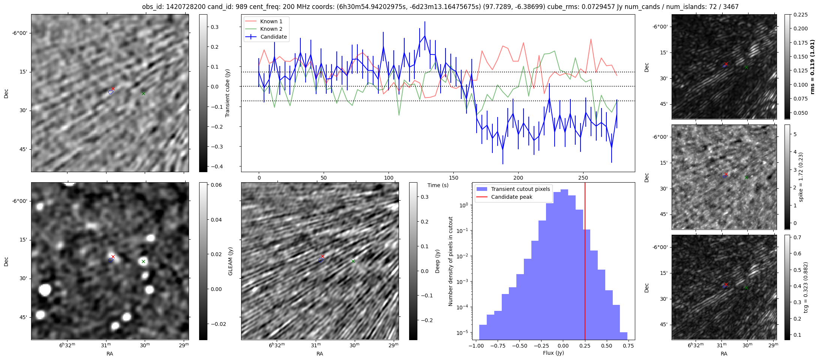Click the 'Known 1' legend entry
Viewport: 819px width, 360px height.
click(271, 21)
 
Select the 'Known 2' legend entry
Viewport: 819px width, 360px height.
click(271, 29)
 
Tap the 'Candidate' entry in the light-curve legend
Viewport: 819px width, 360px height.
click(273, 37)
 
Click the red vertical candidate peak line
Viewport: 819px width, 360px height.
click(585, 262)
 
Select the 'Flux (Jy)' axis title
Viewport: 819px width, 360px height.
click(553, 353)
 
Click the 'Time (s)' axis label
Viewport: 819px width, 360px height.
click(438, 185)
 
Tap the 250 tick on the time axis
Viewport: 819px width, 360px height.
click(583, 178)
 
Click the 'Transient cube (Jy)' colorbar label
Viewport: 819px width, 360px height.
click(228, 93)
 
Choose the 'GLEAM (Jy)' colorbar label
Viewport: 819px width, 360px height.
click(231, 261)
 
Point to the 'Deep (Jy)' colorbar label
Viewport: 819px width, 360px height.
click(437, 261)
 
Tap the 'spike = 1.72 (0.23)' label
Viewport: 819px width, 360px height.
click(801, 177)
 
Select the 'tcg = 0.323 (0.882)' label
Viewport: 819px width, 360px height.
click(805, 287)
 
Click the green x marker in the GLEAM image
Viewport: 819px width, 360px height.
click(143, 262)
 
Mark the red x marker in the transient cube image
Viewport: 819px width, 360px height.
click(113, 88)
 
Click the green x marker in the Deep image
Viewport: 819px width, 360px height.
click(353, 261)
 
